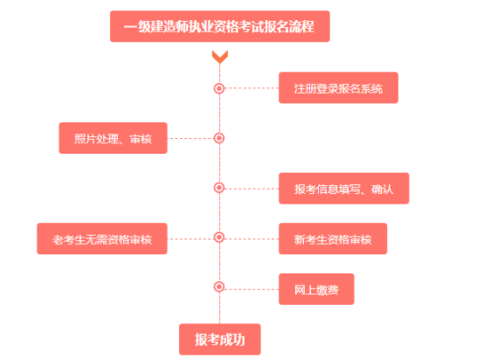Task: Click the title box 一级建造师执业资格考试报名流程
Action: tap(220, 26)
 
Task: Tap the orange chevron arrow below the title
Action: tap(220, 57)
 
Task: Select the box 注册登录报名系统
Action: tap(338, 87)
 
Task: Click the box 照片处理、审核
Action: tap(113, 138)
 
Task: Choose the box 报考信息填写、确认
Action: tap(344, 189)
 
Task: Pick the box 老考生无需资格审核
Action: tap(102, 239)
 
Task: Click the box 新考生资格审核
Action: tap(333, 239)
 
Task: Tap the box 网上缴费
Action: tap(316, 289)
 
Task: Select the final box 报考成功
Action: tap(220, 339)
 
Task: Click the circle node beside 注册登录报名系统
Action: tap(219, 88)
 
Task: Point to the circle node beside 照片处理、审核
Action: tap(219, 138)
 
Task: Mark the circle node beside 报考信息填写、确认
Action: tap(219, 187)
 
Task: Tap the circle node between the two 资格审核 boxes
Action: tap(219, 237)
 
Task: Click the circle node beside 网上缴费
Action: tap(219, 287)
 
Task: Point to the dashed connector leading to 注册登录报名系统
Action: tap(252, 88)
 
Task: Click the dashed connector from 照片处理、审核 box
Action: tap(190, 138)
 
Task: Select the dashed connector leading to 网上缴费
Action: tap(252, 289)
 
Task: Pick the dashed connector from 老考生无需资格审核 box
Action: tap(190, 239)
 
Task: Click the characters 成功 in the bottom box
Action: tap(232, 340)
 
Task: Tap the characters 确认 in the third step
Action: tap(383, 189)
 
